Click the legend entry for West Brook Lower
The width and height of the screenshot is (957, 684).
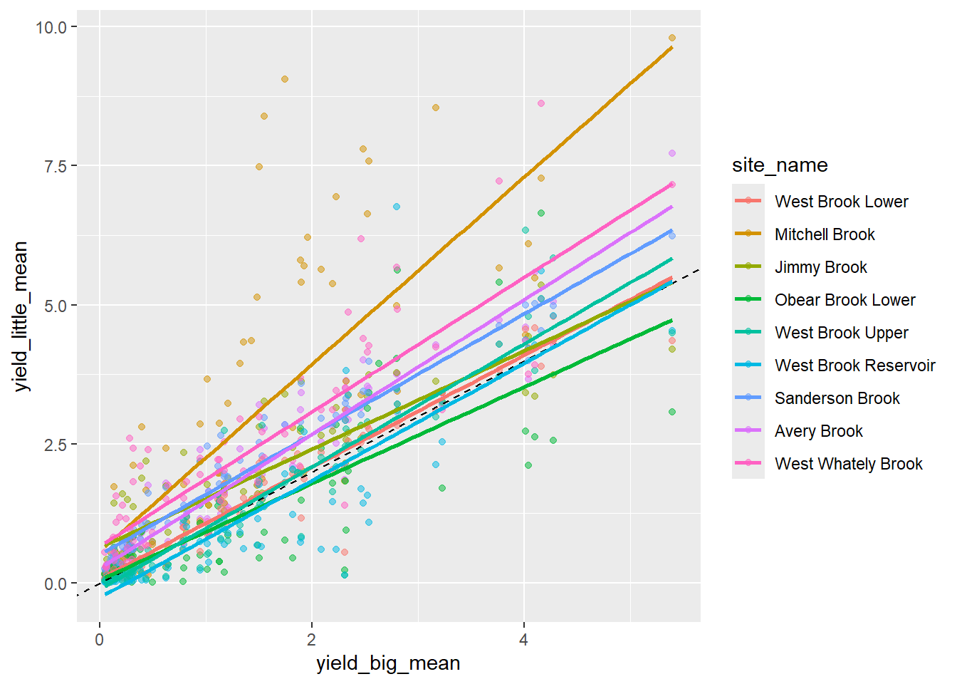click(x=841, y=202)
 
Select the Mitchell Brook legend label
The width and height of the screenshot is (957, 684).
click(x=825, y=234)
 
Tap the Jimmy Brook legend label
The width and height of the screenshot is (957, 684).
click(x=820, y=267)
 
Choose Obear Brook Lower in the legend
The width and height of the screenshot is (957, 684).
click(x=844, y=300)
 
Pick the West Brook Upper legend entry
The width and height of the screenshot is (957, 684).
click(x=841, y=333)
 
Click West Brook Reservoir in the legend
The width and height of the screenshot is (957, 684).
click(x=854, y=366)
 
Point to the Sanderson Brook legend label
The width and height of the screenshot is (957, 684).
click(x=837, y=398)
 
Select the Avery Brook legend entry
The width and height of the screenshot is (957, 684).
click(x=818, y=431)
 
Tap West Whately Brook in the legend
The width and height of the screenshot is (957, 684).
click(x=848, y=464)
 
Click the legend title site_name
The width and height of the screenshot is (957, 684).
click(x=780, y=165)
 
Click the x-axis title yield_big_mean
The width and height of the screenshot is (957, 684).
click(x=388, y=663)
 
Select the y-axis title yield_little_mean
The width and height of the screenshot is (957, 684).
click(x=21, y=316)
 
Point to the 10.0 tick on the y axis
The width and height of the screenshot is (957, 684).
click(x=51, y=27)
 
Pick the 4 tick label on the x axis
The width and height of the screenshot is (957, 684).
click(x=523, y=639)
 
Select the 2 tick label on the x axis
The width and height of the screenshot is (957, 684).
click(x=311, y=639)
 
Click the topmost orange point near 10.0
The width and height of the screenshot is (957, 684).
click(x=671, y=38)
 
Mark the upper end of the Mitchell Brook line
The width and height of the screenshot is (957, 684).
click(x=671, y=47)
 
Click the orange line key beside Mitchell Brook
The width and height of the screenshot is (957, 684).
click(x=748, y=234)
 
